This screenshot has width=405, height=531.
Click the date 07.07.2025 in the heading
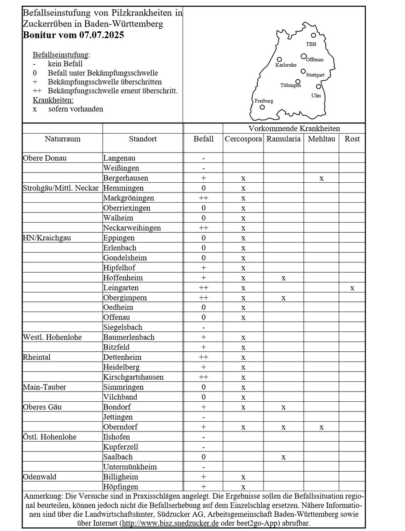point(102,35)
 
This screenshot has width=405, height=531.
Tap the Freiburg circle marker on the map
point(262,107)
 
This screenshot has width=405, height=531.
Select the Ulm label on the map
point(316,96)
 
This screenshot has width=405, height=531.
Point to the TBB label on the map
point(311,44)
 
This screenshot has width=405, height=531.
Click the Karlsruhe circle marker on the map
point(279,59)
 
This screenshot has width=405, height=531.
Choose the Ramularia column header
point(283,139)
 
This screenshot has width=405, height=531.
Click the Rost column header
point(352,139)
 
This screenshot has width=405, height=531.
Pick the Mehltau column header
point(321,139)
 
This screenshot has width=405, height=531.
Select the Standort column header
point(142,139)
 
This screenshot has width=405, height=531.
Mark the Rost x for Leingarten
point(352,288)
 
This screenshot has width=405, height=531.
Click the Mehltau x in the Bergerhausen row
point(321,178)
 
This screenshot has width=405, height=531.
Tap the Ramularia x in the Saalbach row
point(283,457)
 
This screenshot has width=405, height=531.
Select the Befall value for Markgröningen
point(203,198)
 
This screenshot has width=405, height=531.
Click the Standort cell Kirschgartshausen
point(134,377)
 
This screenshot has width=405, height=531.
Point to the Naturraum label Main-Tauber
point(44,387)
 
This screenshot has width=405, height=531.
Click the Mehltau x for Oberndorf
point(321,427)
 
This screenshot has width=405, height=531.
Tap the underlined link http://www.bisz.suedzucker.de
point(170,523)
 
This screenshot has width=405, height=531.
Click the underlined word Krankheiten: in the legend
point(53,100)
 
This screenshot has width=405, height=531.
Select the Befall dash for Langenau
point(203,158)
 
